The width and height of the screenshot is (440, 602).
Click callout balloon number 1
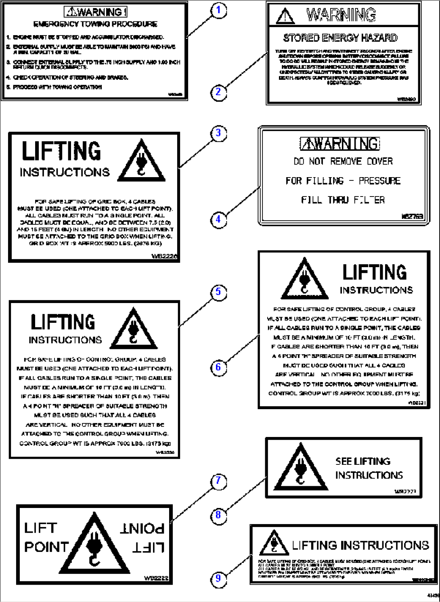(x=218, y=10)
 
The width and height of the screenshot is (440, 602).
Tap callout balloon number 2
(x=218, y=92)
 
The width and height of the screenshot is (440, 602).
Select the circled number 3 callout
(x=218, y=133)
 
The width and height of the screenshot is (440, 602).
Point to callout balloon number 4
(x=218, y=220)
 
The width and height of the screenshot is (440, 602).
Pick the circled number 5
(x=218, y=292)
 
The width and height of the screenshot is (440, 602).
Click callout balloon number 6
(x=218, y=367)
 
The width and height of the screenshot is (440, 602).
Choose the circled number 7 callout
(x=218, y=481)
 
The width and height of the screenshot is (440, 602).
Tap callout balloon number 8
(x=218, y=515)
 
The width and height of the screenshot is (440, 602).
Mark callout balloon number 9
(x=218, y=578)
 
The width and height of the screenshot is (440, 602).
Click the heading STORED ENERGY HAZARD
(x=340, y=38)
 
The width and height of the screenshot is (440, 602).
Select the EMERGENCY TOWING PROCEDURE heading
(x=95, y=24)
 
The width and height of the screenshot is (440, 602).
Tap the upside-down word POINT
(x=142, y=529)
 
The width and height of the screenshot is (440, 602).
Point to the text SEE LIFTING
(x=363, y=461)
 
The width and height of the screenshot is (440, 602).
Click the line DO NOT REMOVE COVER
(x=343, y=161)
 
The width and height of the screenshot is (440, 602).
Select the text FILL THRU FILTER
(x=343, y=200)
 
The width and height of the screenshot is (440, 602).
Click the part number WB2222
(x=156, y=578)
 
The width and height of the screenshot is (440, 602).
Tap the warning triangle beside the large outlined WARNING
(x=285, y=17)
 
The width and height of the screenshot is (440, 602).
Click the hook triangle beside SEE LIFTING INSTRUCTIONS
(x=300, y=468)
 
